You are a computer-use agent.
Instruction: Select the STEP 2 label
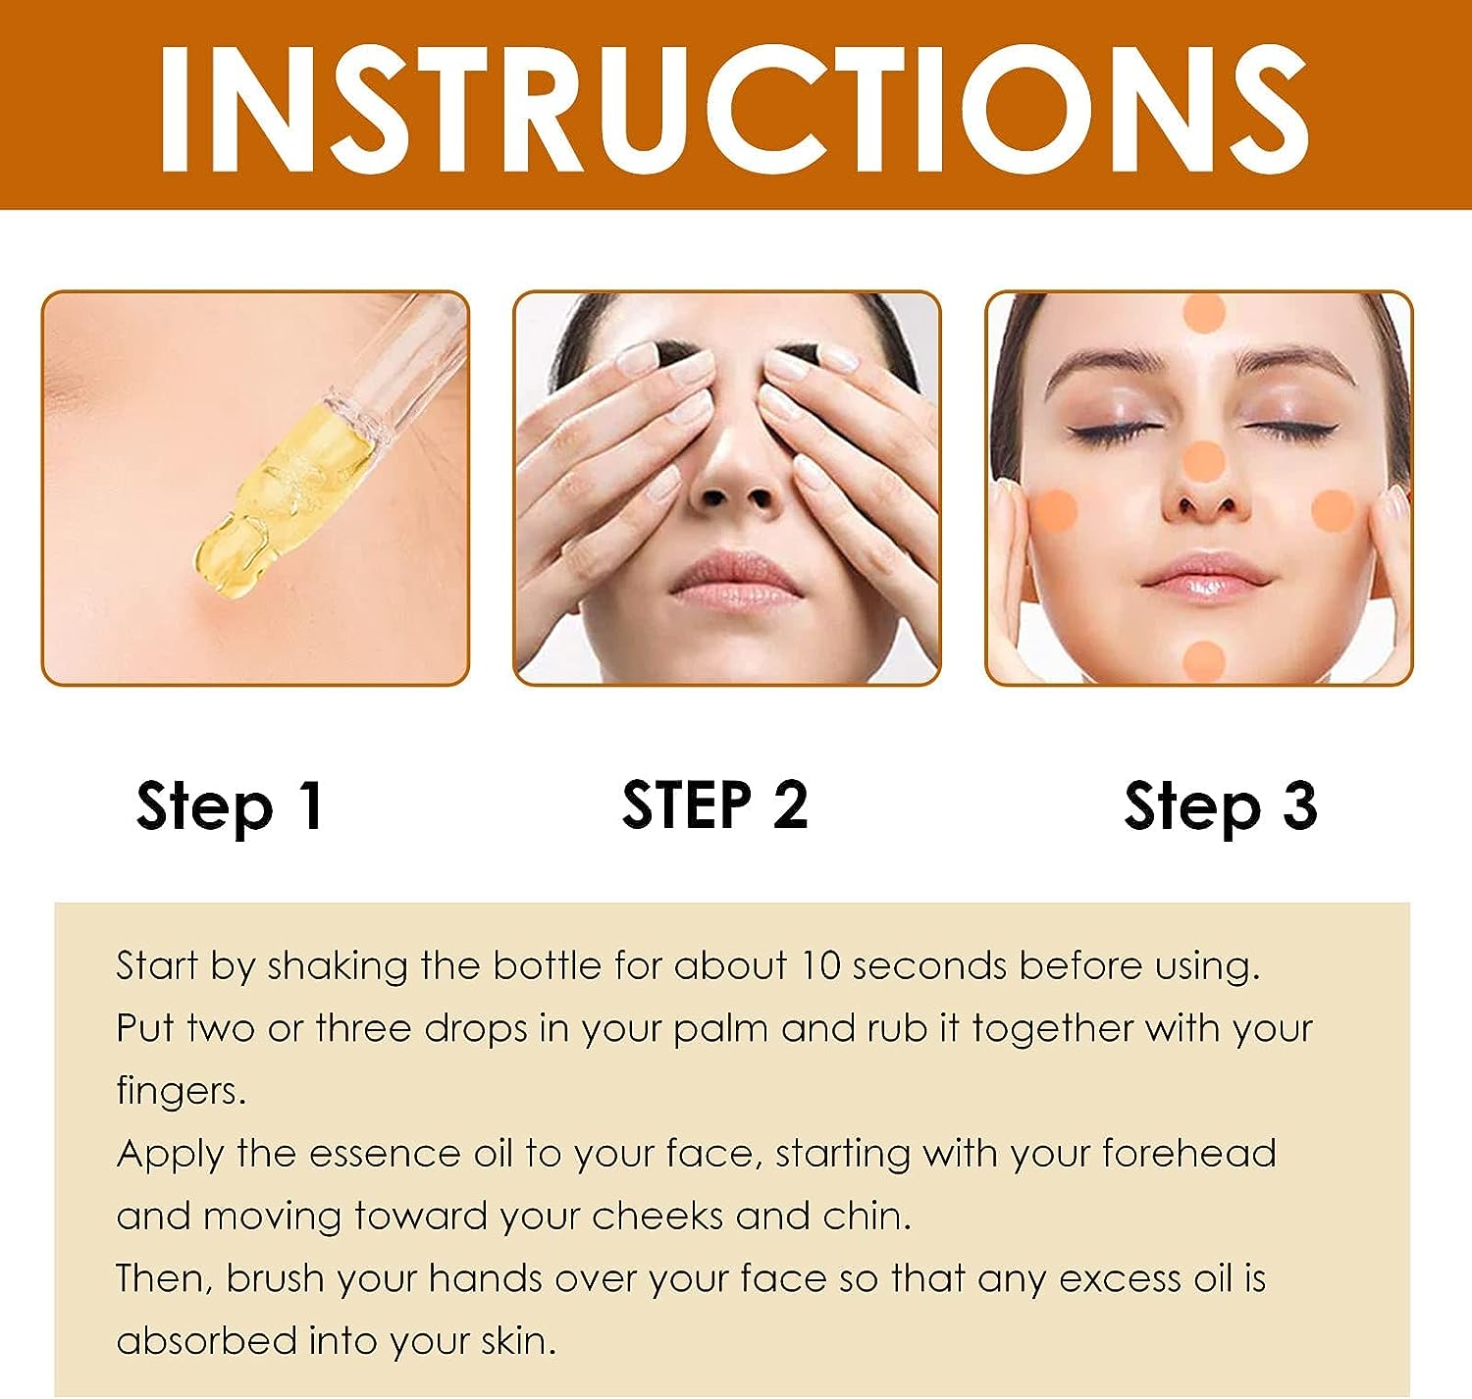point(715,804)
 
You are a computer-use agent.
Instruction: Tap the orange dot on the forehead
point(1203,314)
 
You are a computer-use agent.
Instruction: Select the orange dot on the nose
point(1203,463)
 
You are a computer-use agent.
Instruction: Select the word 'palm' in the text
point(721,1031)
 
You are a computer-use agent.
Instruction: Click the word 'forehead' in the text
point(1189,1154)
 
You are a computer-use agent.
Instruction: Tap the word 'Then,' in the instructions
point(165,1279)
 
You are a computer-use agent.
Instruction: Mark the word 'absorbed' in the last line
point(207,1340)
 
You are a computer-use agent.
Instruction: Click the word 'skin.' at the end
point(519,1340)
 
